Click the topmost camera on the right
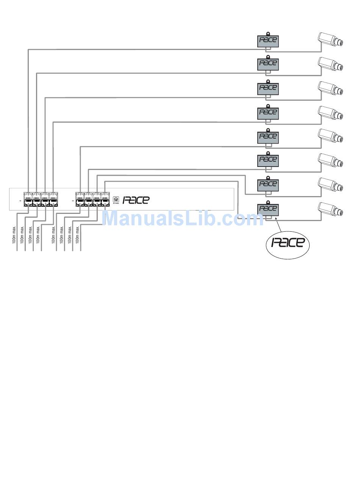pyautogui.click(x=331, y=39)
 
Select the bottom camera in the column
pyautogui.click(x=331, y=209)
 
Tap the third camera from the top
pyautogui.click(x=331, y=88)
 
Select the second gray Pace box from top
pyautogui.click(x=268, y=64)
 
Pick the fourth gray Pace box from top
pyautogui.click(x=268, y=113)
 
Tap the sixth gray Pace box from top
pyautogui.click(x=268, y=160)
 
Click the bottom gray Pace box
pyautogui.click(x=268, y=209)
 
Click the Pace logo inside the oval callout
pyautogui.click(x=288, y=243)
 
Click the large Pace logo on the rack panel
pyautogui.click(x=136, y=200)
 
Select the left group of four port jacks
pyautogui.click(x=41, y=199)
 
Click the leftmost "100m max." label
pyautogui.click(x=14, y=234)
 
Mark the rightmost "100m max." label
pyautogui.click(x=78, y=234)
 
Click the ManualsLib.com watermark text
pyautogui.click(x=183, y=218)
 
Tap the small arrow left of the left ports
pyautogui.click(x=20, y=199)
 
